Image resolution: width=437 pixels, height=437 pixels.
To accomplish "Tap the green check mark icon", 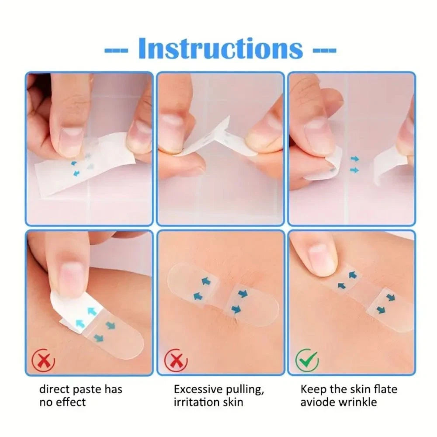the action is coord(307,361).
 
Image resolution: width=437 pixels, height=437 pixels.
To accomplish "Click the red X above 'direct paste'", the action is coord(43,361).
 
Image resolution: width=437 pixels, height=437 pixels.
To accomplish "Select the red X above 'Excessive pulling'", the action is coord(176,361).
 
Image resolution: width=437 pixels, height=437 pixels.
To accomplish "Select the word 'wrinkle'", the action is coord(357,402).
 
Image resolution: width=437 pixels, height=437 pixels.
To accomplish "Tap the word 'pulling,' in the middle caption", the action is coord(245,390).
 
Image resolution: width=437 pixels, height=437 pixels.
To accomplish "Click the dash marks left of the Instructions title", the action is coord(116,50).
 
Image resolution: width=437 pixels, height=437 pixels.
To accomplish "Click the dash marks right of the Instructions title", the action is coord(324,50).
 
